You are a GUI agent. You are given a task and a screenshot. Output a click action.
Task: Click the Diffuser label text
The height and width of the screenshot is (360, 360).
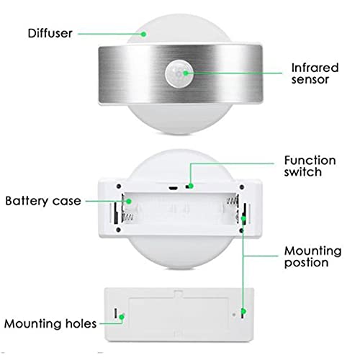(50, 33)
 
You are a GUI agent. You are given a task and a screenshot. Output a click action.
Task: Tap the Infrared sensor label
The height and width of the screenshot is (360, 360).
(315, 73)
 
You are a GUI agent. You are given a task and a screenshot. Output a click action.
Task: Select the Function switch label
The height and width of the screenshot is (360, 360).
(310, 166)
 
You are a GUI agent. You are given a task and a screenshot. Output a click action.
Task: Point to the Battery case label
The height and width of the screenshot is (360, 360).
(43, 201)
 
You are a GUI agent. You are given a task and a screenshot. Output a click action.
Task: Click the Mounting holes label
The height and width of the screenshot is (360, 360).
(50, 323)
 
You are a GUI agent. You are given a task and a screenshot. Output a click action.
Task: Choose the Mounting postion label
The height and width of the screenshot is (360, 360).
(312, 257)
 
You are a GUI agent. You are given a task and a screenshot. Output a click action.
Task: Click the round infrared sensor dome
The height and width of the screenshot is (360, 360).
(179, 73)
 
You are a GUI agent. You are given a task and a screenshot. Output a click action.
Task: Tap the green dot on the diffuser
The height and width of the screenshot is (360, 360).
(143, 34)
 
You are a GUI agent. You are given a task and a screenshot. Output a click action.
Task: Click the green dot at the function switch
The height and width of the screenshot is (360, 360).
(191, 186)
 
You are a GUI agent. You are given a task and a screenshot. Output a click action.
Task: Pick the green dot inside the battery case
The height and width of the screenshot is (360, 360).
(129, 201)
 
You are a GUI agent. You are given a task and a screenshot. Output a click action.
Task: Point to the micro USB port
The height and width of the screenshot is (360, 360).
(173, 188)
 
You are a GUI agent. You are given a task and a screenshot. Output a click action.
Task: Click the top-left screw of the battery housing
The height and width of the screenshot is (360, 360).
(119, 186)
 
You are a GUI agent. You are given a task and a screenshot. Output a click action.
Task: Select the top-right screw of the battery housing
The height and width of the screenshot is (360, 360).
(242, 186)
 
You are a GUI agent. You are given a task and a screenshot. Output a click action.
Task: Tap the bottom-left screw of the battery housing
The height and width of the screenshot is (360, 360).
(118, 230)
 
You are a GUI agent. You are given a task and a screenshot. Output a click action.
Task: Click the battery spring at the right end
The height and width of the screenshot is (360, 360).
(233, 200)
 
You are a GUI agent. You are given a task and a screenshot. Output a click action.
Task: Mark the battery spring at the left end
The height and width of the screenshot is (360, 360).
(127, 217)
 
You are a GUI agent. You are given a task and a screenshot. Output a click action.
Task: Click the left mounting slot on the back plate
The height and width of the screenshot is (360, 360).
(116, 313)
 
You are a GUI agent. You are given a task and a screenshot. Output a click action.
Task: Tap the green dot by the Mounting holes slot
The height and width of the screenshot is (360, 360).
(122, 317)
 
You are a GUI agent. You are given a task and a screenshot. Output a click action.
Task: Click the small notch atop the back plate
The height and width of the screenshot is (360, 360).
(178, 293)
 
